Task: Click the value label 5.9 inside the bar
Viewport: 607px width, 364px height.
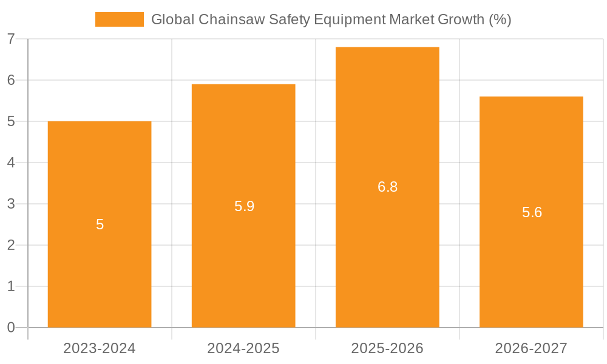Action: (x=244, y=206)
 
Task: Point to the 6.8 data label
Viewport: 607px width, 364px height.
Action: (x=387, y=187)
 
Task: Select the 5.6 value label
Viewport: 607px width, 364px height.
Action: (x=532, y=212)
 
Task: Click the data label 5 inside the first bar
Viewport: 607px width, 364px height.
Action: (x=100, y=224)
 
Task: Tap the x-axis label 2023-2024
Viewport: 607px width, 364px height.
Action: (x=100, y=348)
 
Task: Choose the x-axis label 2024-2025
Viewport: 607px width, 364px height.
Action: (x=243, y=348)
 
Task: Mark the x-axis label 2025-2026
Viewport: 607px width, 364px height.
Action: (x=387, y=348)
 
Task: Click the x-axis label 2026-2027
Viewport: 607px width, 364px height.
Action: (x=531, y=348)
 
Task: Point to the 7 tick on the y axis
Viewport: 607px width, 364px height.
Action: (x=11, y=39)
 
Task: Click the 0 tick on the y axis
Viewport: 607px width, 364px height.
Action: (x=11, y=328)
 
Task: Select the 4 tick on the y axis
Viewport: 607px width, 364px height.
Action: (x=11, y=163)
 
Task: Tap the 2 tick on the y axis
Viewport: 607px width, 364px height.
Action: (x=11, y=245)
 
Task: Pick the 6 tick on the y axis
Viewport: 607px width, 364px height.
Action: (x=11, y=80)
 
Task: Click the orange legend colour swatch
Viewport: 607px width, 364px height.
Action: (x=120, y=19)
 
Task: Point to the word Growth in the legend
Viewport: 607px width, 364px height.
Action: (x=462, y=19)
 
